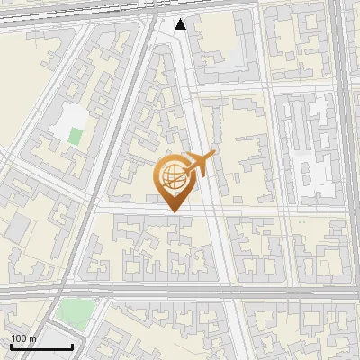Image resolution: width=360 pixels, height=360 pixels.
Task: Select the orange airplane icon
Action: click(x=200, y=164)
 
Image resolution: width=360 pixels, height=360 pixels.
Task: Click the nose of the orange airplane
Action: click(x=215, y=154)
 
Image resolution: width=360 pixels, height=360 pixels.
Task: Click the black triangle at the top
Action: click(x=181, y=23)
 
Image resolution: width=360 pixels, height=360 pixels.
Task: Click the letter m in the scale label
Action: click(x=33, y=339)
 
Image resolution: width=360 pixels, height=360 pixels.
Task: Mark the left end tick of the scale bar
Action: click(x=12, y=346)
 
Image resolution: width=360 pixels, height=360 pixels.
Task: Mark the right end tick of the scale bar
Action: click(x=72, y=346)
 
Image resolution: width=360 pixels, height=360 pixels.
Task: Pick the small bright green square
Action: click(x=76, y=138)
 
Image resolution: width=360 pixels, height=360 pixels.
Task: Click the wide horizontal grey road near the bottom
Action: click(x=180, y=291)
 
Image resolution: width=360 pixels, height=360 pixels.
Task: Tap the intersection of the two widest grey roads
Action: click(x=346, y=291)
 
